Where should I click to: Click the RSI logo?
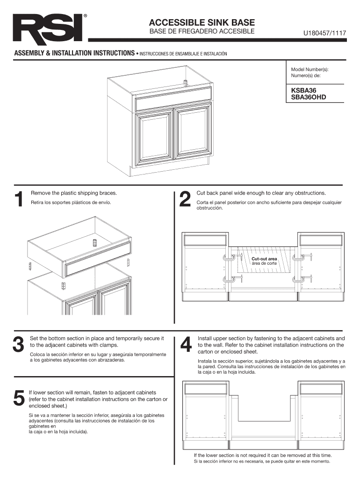[x=48, y=28]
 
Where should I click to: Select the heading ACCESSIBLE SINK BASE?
[x=202, y=22]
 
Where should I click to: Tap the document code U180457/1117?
[x=324, y=33]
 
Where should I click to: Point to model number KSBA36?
[x=303, y=91]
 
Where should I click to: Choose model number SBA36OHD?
[x=309, y=97]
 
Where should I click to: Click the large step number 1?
[x=19, y=199]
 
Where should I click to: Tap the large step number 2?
[x=185, y=199]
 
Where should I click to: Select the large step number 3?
[x=18, y=344]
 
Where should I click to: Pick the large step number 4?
[x=186, y=344]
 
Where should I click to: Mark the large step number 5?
[x=19, y=399]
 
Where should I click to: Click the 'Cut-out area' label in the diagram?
[x=264, y=259]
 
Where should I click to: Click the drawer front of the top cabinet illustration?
[x=173, y=99]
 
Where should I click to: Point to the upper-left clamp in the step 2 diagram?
[x=230, y=258]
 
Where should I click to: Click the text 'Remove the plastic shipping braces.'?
[x=74, y=193]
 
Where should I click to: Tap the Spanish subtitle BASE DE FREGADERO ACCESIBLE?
[x=202, y=31]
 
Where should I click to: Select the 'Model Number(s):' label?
[x=310, y=70]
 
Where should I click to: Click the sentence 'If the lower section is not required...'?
[x=263, y=456]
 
